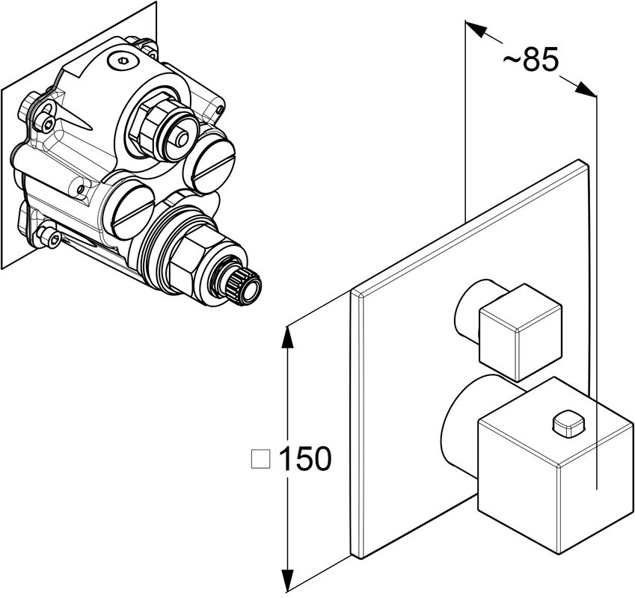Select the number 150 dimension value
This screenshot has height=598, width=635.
point(304,458)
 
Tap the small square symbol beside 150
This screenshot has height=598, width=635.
point(260,458)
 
